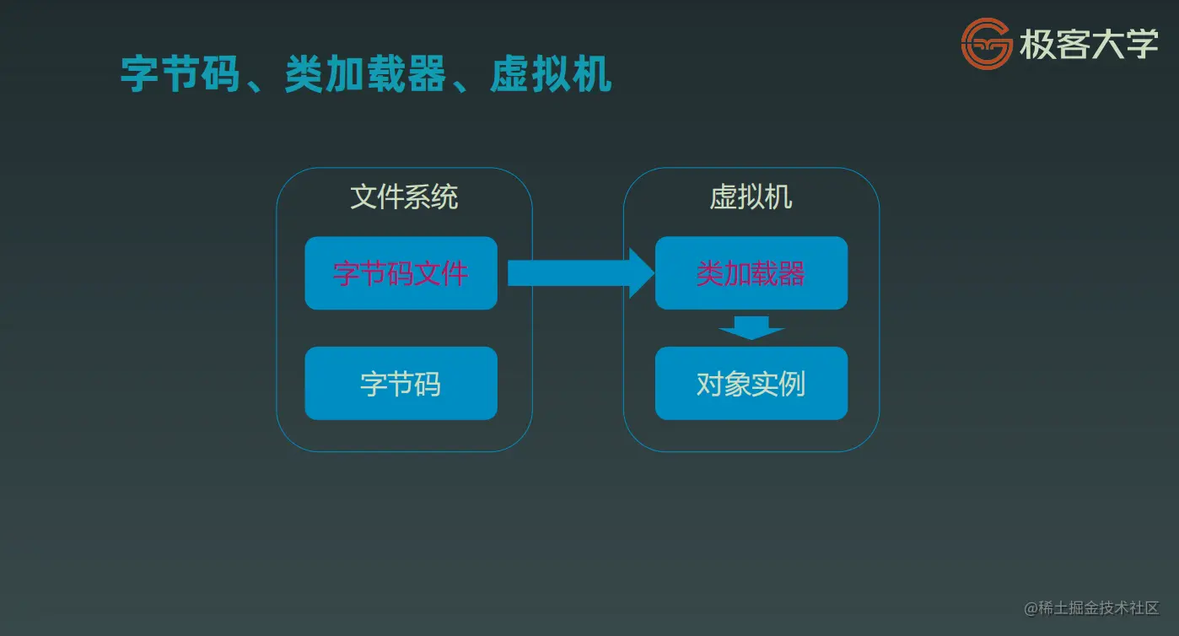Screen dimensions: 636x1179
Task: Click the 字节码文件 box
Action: pos(401,273)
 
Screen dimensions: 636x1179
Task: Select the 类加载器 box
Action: pos(751,273)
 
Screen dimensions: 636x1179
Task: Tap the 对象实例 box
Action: pos(751,384)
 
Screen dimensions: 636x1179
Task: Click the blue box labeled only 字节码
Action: pos(401,384)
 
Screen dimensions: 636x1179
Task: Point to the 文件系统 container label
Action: pos(404,197)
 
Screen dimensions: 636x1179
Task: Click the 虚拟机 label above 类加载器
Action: pos(751,197)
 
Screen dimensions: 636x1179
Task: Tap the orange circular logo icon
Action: pos(987,44)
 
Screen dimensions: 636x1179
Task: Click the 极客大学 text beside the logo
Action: pos(1089,45)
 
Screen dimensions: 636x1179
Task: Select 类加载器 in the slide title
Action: pos(365,74)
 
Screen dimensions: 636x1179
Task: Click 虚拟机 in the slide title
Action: pos(551,74)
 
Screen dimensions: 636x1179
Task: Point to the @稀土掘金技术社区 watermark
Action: pos(1091,608)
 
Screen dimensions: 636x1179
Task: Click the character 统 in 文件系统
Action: pos(445,197)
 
